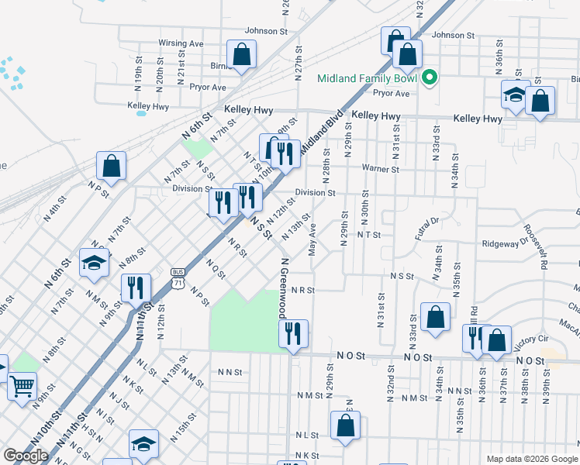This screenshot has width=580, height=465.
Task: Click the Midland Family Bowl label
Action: tap(368, 78)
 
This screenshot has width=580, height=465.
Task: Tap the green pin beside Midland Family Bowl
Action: tap(427, 77)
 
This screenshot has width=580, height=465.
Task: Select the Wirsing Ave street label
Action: tap(181, 43)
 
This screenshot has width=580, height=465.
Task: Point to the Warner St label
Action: tap(380, 169)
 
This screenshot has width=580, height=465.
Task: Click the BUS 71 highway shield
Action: tap(178, 277)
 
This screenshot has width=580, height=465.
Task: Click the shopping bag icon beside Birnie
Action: tap(242, 55)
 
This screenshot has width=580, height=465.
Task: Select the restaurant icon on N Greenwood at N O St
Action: tap(293, 333)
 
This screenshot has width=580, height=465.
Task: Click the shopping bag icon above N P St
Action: tap(112, 166)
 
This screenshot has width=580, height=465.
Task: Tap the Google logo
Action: tap(26, 456)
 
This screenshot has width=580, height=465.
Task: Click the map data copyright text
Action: tap(531, 459)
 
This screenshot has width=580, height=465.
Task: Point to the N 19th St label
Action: tap(137, 71)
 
